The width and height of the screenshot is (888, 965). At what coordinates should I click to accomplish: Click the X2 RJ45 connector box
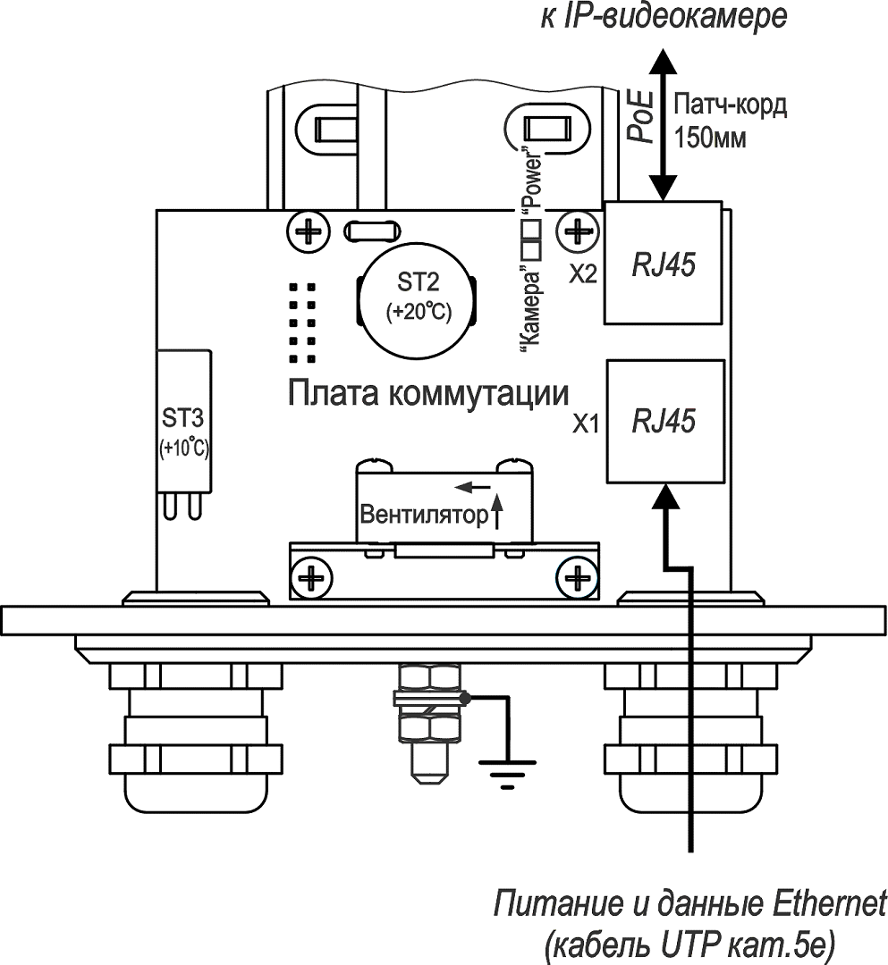pos(664,264)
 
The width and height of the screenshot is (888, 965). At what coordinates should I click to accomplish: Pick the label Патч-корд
pos(730,105)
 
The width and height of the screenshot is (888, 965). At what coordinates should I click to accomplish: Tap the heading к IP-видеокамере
pos(664,16)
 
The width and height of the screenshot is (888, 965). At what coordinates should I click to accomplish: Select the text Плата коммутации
pos(428,394)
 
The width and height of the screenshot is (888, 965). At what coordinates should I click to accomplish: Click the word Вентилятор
pos(425,515)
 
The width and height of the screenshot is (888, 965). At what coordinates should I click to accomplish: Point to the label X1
pos(585,423)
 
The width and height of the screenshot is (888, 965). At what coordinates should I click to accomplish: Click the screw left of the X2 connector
pos(578,231)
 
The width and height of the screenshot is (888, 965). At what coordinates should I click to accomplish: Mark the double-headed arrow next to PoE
pos(662,124)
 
